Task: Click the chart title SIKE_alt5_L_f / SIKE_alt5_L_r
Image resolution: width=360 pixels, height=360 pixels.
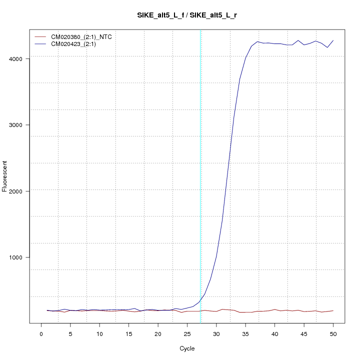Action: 187,15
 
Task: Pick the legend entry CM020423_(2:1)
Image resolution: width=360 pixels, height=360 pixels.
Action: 77,44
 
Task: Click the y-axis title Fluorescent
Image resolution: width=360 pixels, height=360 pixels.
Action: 5,176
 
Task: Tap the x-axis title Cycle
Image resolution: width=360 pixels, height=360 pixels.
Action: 187,348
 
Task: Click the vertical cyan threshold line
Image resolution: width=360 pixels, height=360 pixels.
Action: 200,175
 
